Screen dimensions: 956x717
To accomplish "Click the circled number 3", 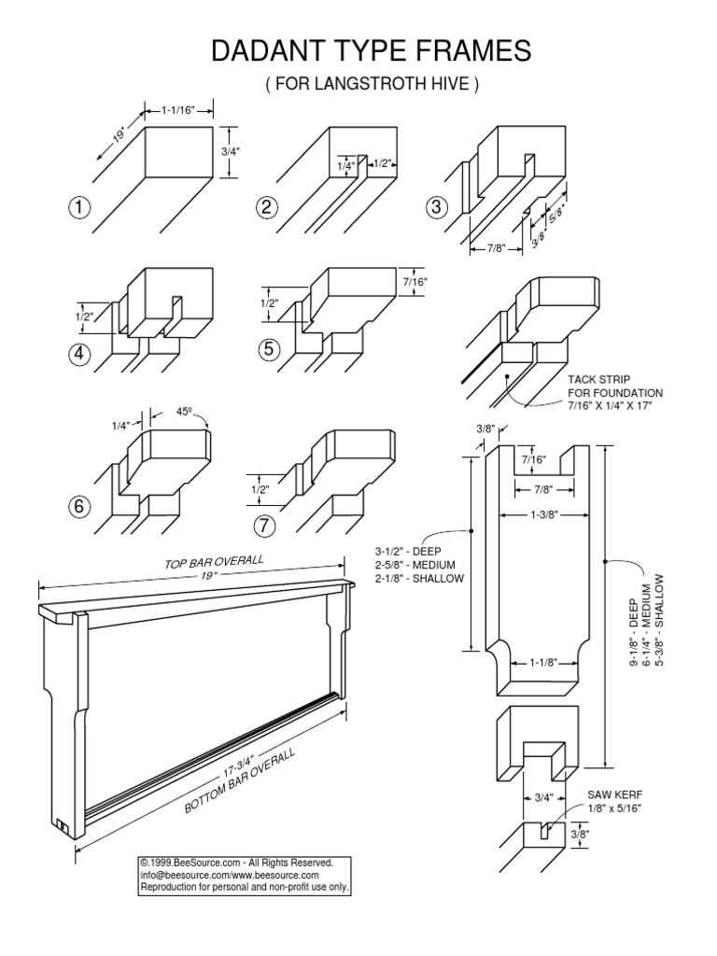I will click(x=435, y=207).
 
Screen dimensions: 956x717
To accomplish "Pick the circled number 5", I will click(x=271, y=349).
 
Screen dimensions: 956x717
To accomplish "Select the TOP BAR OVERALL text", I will click(x=215, y=563).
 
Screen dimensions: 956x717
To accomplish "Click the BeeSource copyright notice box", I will click(x=245, y=876).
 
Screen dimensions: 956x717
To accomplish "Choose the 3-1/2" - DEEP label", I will click(x=407, y=552).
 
